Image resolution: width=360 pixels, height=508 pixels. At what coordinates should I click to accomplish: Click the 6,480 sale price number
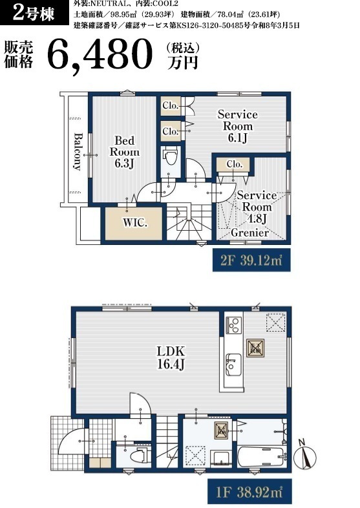click(x=100, y=54)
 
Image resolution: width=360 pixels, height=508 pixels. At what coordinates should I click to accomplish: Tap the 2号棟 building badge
click(x=34, y=13)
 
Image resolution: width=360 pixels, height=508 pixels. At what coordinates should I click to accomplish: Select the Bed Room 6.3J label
click(x=125, y=152)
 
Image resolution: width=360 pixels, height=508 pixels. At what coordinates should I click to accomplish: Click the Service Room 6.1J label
click(x=238, y=125)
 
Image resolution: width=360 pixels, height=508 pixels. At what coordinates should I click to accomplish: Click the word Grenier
click(x=250, y=232)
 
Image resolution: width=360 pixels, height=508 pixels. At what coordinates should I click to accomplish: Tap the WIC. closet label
click(x=135, y=223)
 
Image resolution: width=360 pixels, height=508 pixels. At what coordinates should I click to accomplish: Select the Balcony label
click(x=78, y=151)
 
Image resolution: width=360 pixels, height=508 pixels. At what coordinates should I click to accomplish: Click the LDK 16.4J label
click(x=171, y=357)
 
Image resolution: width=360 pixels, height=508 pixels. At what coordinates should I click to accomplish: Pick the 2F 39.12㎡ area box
click(x=251, y=260)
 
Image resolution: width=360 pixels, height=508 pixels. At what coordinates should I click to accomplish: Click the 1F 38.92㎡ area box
click(x=249, y=492)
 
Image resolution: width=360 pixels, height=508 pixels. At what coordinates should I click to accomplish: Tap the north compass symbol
click(x=304, y=455)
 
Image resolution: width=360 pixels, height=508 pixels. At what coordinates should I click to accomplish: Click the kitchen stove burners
click(x=234, y=325)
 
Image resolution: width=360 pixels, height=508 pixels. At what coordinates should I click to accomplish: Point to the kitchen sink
click(x=233, y=365)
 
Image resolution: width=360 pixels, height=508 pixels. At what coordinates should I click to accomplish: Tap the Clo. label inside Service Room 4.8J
click(x=234, y=164)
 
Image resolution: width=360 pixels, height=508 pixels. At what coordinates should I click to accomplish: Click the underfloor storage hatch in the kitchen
click(x=255, y=348)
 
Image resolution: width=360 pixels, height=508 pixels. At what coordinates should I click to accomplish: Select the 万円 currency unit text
click(x=182, y=63)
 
